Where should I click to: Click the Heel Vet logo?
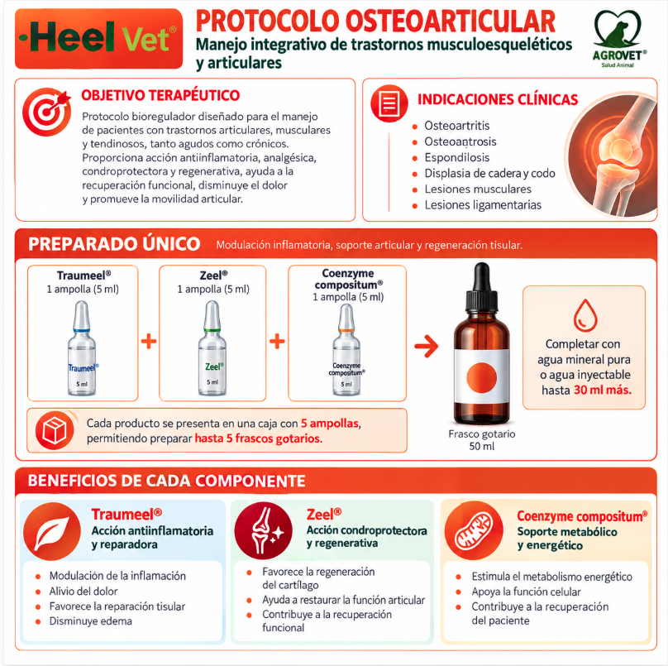98,38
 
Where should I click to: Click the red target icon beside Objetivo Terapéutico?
47,112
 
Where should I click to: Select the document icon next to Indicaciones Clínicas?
389,103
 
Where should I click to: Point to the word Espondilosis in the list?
456,157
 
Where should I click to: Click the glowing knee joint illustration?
611,154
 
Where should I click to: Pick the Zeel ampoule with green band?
212,347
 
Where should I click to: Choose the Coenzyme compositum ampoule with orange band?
346,350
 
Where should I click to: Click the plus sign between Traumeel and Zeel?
149,341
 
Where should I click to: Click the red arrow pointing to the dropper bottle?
427,346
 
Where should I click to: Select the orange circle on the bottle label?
481,377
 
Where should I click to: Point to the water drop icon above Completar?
585,315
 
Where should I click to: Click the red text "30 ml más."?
603,390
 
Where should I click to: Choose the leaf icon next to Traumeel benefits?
52,531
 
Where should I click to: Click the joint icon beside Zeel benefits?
263,530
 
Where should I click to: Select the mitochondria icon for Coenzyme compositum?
474,530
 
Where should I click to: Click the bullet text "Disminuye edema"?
91,621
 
